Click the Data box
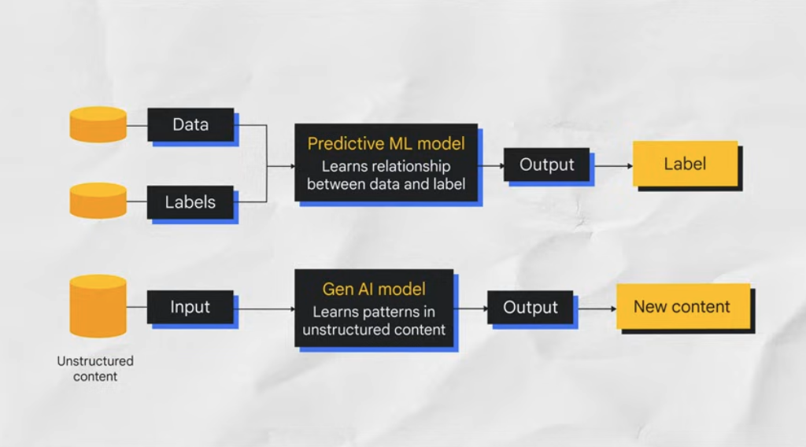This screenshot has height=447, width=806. click(x=190, y=124)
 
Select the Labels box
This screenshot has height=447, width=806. click(x=190, y=202)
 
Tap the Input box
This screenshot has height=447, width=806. click(x=190, y=307)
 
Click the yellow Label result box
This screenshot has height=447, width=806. click(x=685, y=164)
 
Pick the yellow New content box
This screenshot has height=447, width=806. click(x=682, y=307)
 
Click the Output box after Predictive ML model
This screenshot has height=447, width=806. click(x=547, y=164)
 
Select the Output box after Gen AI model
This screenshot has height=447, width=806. click(x=530, y=307)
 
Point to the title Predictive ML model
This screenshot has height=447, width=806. click(x=386, y=144)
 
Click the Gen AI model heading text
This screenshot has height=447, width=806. click(x=374, y=289)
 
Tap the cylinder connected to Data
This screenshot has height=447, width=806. click(x=98, y=124)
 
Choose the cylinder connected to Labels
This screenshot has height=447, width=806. click(x=98, y=201)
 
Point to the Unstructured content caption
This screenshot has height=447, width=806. click(x=95, y=368)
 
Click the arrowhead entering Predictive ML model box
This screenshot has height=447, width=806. click(x=290, y=166)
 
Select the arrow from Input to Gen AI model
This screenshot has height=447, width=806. click(x=264, y=308)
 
